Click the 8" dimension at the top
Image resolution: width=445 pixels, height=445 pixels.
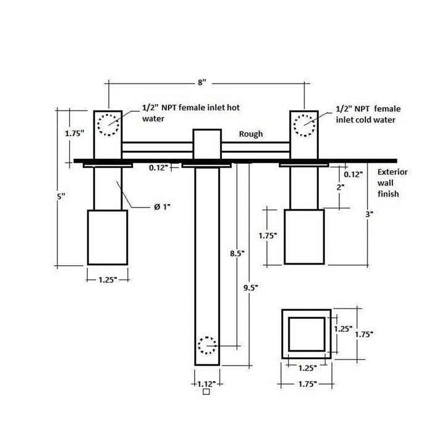[x=201, y=83]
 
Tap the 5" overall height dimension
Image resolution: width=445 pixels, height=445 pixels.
[x=61, y=196]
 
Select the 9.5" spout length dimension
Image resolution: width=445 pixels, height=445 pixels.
[x=250, y=288]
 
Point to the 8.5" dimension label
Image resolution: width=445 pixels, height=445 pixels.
[x=237, y=253]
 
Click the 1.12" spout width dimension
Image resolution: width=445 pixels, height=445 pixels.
[x=206, y=384]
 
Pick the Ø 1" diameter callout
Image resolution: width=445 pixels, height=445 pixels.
[x=162, y=207]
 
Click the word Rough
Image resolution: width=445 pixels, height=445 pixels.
[x=251, y=134]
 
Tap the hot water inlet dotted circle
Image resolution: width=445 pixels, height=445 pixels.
[x=108, y=125]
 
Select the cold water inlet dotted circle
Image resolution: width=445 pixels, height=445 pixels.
[x=304, y=125]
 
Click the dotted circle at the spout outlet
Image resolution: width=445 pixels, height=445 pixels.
[x=207, y=345]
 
